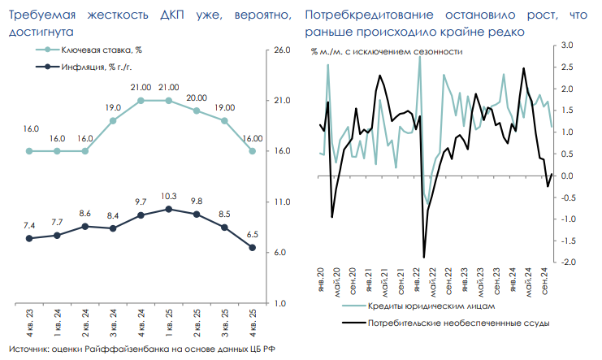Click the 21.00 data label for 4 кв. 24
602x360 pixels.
point(141,87)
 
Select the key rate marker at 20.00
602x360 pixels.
point(197,111)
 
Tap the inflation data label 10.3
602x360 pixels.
point(168,196)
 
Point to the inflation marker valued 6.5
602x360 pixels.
point(252,248)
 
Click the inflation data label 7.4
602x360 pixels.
point(29,225)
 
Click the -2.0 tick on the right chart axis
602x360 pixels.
point(567,262)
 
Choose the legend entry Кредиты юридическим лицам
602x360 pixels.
point(427,306)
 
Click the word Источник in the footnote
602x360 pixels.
point(26,349)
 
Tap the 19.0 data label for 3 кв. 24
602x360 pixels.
point(113,107)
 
